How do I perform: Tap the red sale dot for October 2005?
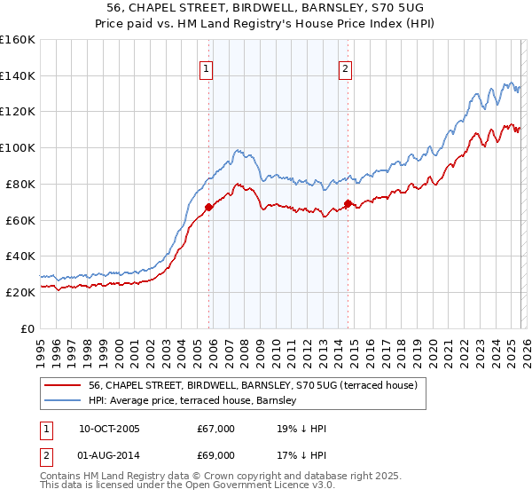(x=209, y=207)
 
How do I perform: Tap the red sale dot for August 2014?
(x=348, y=203)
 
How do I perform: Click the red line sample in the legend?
(x=62, y=385)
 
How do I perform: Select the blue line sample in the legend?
(x=62, y=401)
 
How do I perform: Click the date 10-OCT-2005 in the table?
(x=109, y=429)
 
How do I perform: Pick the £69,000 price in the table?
(x=215, y=455)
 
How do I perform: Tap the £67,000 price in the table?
(x=215, y=429)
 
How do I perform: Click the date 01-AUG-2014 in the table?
(x=109, y=455)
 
